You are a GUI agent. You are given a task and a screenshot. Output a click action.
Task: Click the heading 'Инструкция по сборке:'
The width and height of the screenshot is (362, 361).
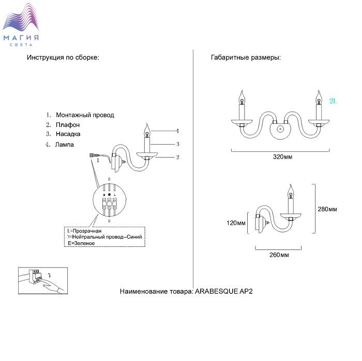tap(63, 57)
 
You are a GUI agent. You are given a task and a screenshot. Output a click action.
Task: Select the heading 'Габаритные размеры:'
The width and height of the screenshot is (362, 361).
tap(246, 57)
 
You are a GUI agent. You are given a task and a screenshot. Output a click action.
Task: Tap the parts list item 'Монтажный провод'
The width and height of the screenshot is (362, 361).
tap(84, 115)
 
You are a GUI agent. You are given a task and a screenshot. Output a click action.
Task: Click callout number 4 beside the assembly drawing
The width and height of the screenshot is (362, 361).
tap(177, 131)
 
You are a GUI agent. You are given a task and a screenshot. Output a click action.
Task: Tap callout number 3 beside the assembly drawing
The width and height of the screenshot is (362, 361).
tap(177, 144)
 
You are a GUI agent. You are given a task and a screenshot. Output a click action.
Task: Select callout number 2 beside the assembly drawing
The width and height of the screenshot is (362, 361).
tap(177, 157)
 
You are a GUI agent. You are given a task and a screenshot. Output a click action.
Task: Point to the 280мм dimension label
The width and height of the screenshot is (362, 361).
tap(327, 209)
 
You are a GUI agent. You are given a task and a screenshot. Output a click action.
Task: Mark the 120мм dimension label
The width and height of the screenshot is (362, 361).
tap(235, 223)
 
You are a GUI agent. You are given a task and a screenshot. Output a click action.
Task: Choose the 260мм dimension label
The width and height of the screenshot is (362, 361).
tap(279, 255)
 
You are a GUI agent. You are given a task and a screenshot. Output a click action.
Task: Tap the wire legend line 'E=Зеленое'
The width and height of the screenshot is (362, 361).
tap(81, 243)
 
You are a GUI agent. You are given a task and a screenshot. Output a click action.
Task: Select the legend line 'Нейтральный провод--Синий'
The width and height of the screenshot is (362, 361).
tap(107, 237)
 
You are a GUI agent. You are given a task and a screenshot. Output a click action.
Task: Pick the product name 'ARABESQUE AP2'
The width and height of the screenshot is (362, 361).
tap(224, 292)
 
